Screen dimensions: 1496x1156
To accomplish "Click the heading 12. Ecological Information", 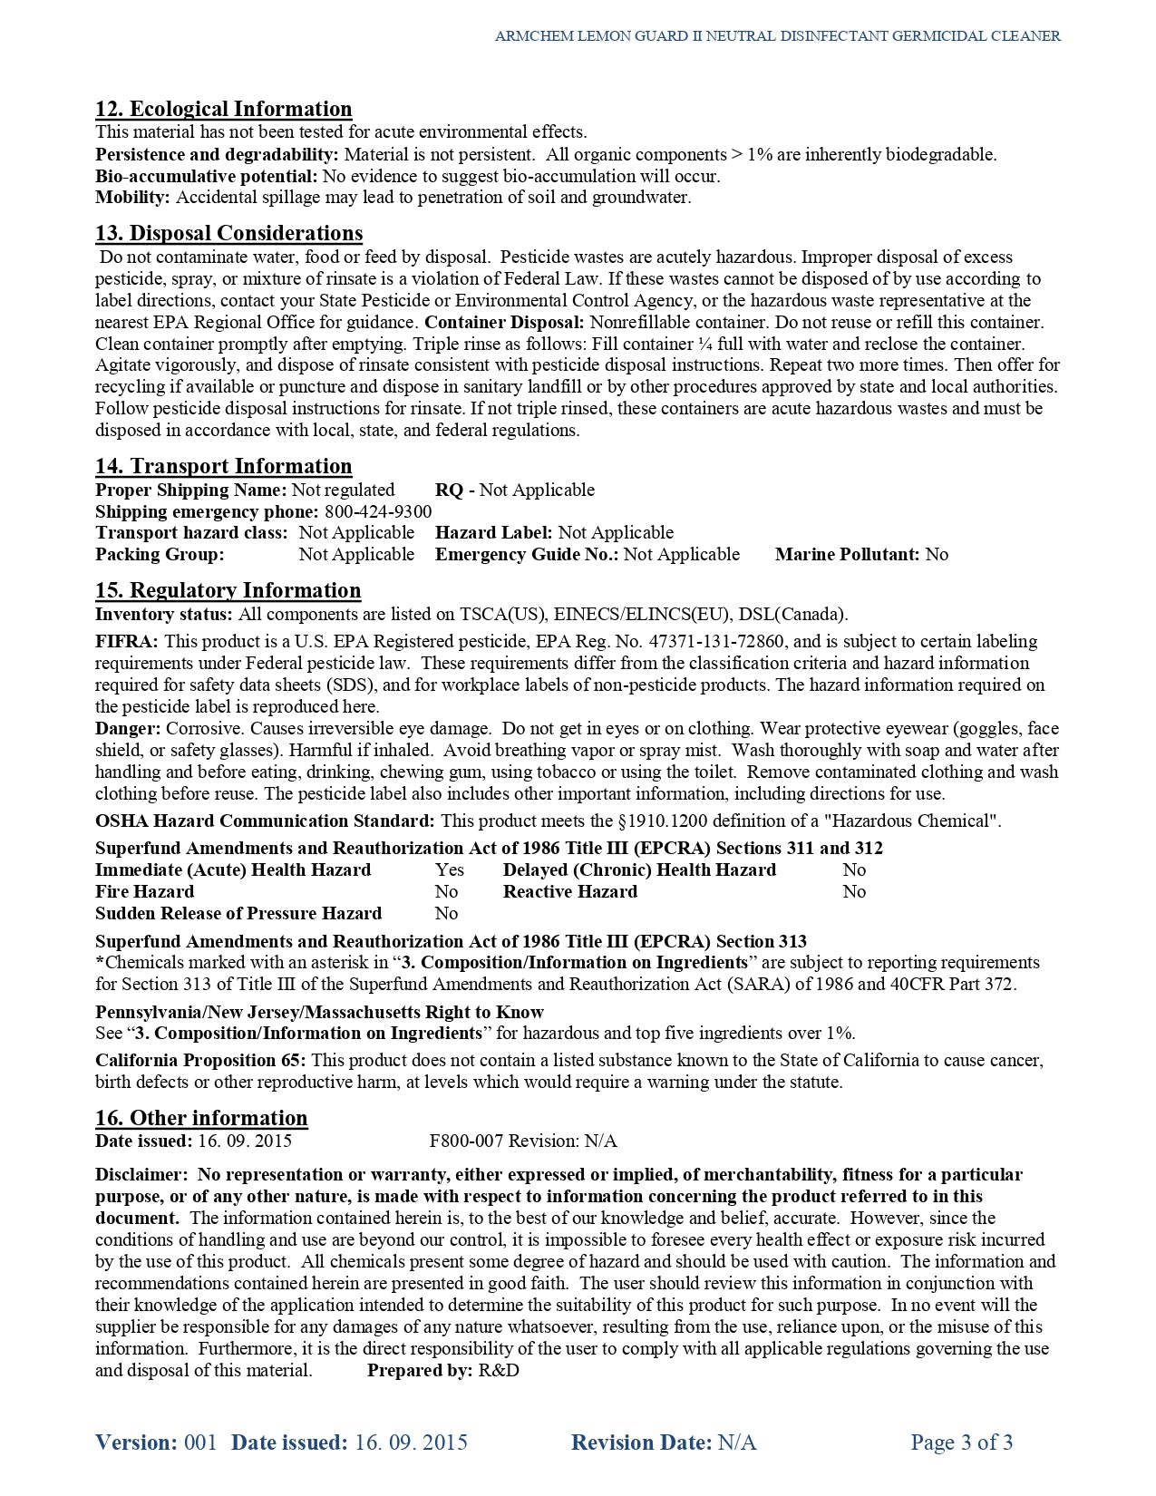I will coord(223,110).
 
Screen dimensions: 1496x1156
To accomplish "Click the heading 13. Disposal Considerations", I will coord(228,234).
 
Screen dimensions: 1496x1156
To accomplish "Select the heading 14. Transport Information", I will coord(223,467).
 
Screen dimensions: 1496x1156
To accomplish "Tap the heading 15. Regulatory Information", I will coord(228,591).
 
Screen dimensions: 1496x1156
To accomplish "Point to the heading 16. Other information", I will coord(201,1119).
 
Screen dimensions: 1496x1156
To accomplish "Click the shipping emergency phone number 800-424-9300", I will coord(378,512).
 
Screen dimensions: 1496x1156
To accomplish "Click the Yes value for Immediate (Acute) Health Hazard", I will coord(449,870).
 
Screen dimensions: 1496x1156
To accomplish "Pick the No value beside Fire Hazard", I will coord(446,892).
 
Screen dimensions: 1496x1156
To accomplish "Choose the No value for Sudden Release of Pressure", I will coord(446,914).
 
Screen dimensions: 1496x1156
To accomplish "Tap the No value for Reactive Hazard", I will coord(854,892).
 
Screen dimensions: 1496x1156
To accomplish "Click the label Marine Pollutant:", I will coord(848,555).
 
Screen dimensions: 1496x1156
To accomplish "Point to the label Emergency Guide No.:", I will coord(527,555).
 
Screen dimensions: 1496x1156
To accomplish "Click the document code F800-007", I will coord(466,1141).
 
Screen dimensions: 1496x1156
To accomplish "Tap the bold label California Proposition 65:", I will coord(200,1061).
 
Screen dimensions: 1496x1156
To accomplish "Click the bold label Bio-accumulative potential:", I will coord(206,177).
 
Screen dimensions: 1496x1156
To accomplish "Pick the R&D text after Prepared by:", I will coord(499,1371).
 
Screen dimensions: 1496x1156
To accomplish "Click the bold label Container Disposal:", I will coord(504,323).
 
